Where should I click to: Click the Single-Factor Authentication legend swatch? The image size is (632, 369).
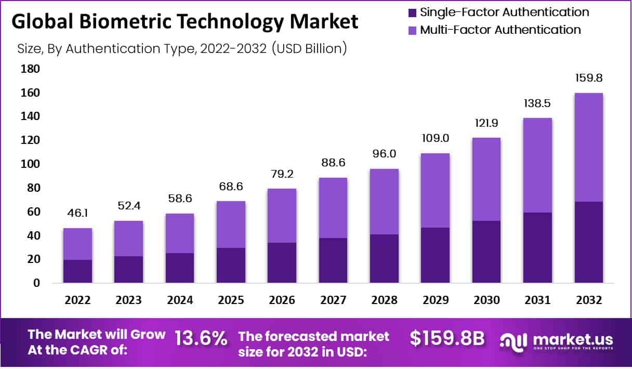(x=413, y=12)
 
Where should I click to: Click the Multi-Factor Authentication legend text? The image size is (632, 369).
(x=501, y=30)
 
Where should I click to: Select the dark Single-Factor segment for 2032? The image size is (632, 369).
(x=588, y=242)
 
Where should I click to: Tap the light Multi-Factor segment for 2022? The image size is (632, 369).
(x=78, y=244)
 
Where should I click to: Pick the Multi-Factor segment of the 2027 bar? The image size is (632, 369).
(x=333, y=208)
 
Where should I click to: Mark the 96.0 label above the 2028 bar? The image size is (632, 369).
(x=385, y=154)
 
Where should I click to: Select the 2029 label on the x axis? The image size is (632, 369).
(x=436, y=300)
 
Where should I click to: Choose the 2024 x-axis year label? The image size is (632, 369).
(x=180, y=300)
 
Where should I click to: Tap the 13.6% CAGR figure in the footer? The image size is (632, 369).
(x=201, y=339)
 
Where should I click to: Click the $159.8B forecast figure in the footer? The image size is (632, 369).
(x=447, y=339)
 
